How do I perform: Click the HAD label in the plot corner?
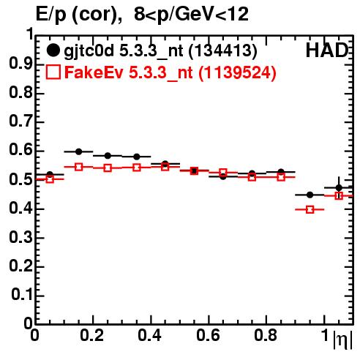(x=327, y=50)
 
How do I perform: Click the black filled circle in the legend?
(x=53, y=50)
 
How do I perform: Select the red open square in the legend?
(x=53, y=72)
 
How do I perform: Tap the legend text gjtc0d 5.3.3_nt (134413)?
(x=160, y=51)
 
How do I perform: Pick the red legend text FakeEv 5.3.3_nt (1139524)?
(x=170, y=73)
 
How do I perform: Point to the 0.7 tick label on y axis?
(x=20, y=121)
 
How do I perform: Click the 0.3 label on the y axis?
(x=20, y=237)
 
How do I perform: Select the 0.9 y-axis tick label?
(x=20, y=64)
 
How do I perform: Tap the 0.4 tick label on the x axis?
(x=149, y=335)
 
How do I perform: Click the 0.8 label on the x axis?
(x=266, y=335)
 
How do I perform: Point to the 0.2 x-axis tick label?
(x=91, y=335)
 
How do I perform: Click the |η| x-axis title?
(x=342, y=339)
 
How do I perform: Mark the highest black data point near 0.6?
(x=78, y=151)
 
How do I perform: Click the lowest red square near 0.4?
(x=310, y=209)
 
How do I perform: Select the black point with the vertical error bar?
(x=339, y=188)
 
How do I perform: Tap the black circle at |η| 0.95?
(x=310, y=195)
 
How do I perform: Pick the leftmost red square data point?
(x=50, y=179)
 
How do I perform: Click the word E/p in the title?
(x=50, y=15)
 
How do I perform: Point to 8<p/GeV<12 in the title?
(x=191, y=14)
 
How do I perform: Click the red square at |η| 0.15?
(x=78, y=167)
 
